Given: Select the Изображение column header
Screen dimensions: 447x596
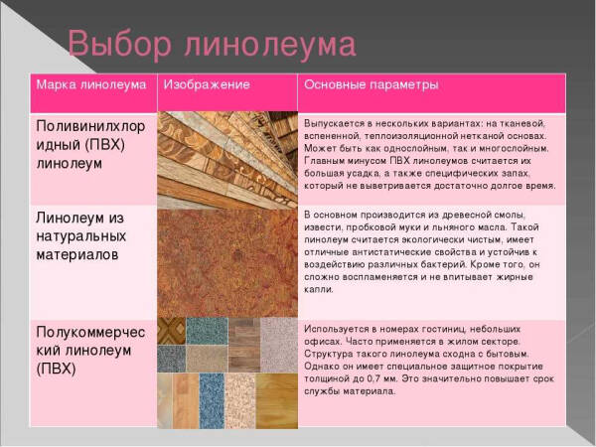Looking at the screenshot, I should click(x=206, y=85).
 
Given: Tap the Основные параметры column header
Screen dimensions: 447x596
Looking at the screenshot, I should click(x=371, y=85).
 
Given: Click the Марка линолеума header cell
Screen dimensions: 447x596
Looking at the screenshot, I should click(x=91, y=85).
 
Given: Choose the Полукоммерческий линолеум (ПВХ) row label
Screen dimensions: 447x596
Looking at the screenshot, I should click(x=89, y=349).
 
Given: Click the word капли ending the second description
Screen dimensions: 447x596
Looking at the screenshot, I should click(x=319, y=291).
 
